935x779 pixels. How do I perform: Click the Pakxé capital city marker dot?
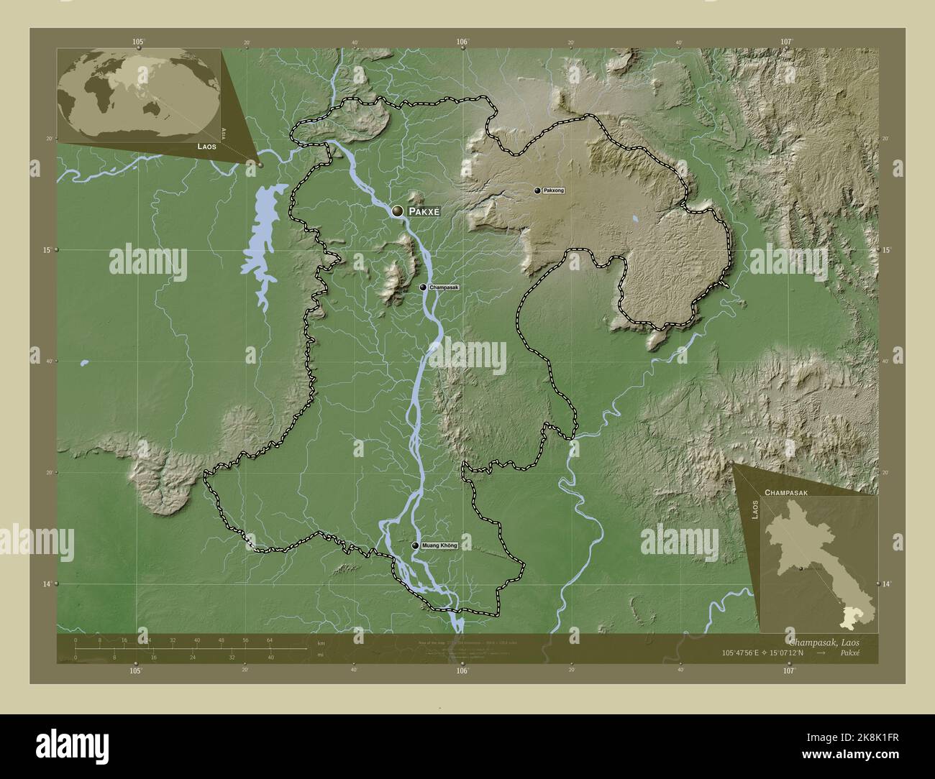click(398, 211)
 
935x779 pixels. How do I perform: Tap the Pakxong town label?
click(555, 190)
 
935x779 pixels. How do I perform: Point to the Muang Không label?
click(439, 545)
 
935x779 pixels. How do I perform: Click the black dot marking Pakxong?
click(537, 190)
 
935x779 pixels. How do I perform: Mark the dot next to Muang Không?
click(415, 545)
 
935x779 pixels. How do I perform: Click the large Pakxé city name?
click(424, 212)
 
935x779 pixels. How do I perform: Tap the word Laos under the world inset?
click(206, 145)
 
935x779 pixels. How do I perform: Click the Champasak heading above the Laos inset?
click(787, 493)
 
